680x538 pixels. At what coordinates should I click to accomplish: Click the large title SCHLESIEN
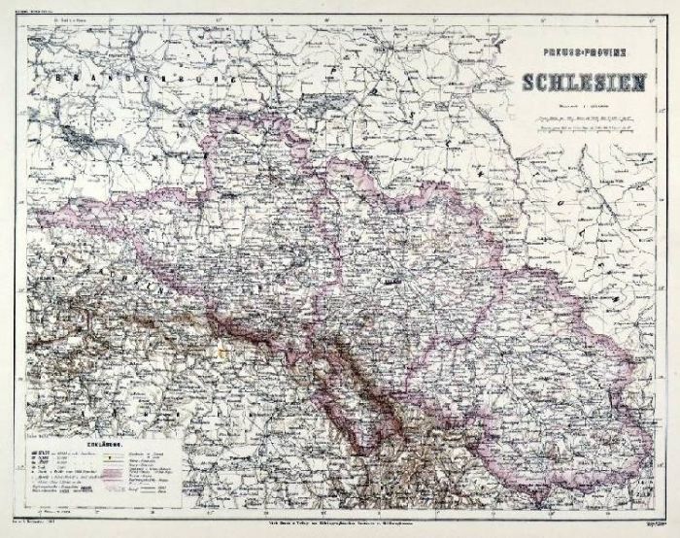click(581, 84)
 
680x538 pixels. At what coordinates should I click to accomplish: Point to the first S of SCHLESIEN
click(530, 84)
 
